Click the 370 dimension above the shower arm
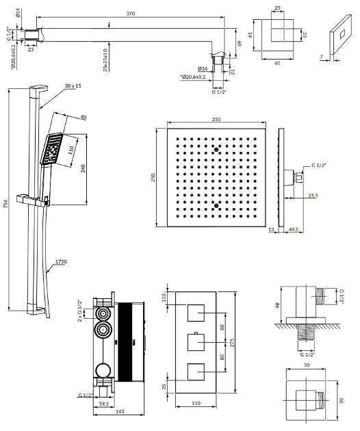(131, 14)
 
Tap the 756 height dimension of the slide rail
(5, 204)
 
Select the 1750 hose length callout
(61, 261)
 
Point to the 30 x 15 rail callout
(73, 86)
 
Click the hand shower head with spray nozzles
(52, 149)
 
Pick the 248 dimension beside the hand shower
(83, 168)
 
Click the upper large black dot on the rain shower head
(216, 150)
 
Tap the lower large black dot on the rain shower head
(216, 206)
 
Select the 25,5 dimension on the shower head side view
(313, 196)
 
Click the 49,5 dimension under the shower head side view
(293, 229)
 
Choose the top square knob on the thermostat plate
(196, 313)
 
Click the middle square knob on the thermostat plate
(196, 342)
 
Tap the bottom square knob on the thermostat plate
(196, 372)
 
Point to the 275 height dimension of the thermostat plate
(232, 343)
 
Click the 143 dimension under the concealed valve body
(120, 411)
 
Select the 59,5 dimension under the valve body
(103, 404)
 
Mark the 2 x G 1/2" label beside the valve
(80, 311)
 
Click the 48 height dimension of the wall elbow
(277, 305)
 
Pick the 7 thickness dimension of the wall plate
(321, 57)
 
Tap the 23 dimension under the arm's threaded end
(31, 49)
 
